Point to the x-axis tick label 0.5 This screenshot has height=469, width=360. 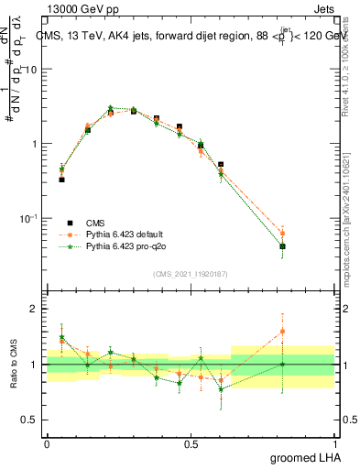point(191,444)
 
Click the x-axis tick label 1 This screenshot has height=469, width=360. point(335,444)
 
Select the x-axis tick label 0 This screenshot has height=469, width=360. point(47,444)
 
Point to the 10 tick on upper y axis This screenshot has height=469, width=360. point(32,70)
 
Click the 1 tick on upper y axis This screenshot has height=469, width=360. point(36,144)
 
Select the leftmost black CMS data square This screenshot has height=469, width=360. point(61,180)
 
